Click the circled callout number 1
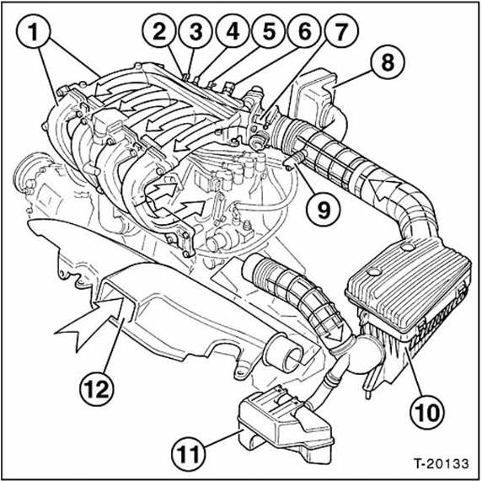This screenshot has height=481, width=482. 33,32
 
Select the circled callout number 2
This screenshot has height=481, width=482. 159,31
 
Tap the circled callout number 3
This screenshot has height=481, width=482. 195,31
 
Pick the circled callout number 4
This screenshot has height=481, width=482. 233,31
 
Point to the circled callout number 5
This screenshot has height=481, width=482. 269,31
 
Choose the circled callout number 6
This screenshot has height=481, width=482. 305,31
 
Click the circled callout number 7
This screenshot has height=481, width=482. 340,31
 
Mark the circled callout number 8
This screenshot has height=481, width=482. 387,61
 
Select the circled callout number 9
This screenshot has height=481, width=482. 324,209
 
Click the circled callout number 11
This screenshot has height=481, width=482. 189,454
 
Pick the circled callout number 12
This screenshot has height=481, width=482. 96,390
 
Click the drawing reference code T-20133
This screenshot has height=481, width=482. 442,463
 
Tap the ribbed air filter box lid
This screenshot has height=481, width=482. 409,283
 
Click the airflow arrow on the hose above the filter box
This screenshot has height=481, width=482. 384,191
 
